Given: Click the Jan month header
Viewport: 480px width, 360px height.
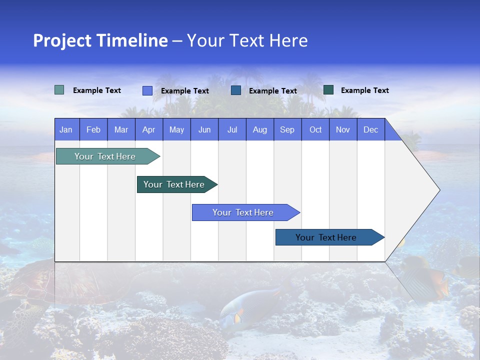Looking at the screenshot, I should [x=66, y=129].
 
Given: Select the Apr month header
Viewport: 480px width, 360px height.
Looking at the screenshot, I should [x=148, y=129].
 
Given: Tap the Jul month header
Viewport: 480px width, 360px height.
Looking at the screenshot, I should [x=232, y=129].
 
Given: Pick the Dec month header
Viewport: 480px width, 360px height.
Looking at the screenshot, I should [x=370, y=129].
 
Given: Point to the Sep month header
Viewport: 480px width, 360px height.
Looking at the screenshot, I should [x=287, y=129].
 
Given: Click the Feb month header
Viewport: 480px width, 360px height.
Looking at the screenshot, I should [x=93, y=129].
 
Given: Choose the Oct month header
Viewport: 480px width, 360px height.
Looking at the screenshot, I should [x=315, y=129].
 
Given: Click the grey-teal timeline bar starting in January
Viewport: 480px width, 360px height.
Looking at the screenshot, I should [x=105, y=156].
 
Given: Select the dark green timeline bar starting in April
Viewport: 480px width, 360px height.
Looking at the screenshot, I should [x=174, y=184].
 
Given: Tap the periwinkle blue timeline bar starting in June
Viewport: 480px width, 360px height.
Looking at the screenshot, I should [x=243, y=212].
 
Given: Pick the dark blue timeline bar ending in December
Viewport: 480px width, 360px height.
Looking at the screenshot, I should [x=326, y=237].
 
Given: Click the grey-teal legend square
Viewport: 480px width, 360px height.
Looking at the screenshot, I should [x=59, y=90].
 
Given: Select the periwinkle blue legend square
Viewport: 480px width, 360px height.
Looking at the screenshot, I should [x=147, y=90].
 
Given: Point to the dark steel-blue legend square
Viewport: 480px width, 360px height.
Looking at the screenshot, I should [x=236, y=90].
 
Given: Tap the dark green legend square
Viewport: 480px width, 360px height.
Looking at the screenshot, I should [x=328, y=89].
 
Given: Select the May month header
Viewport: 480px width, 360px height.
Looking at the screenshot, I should [x=176, y=129].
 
